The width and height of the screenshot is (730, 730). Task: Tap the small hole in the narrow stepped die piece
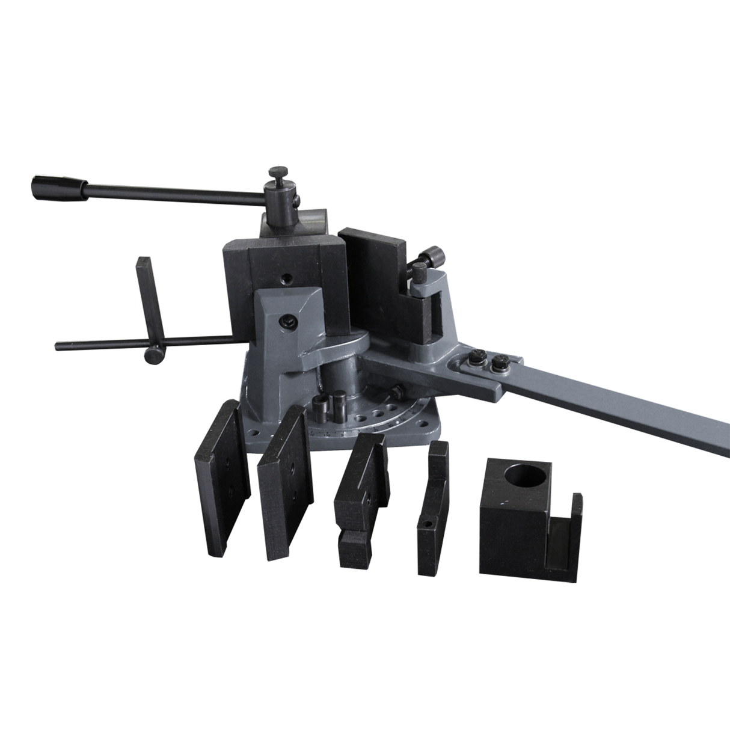point(428,524)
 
